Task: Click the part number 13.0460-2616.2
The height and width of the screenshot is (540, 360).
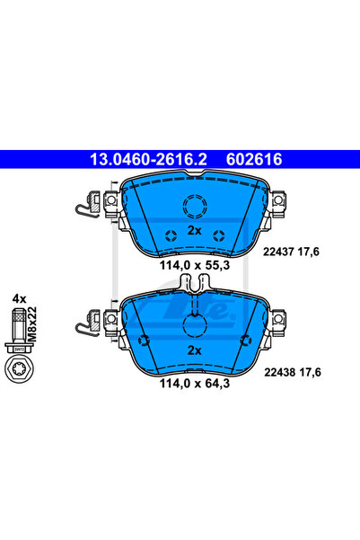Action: pos(148,159)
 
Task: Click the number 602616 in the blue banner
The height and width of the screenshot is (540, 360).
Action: pos(254,159)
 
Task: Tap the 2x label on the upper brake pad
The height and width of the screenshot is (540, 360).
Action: pos(195,230)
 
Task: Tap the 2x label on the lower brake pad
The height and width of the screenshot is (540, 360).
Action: pos(195,350)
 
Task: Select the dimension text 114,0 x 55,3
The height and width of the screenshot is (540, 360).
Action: pos(195,266)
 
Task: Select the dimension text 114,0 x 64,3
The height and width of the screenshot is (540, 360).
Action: pos(195,384)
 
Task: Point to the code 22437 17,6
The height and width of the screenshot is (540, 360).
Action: pos(291,252)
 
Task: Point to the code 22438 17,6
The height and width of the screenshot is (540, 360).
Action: pos(293,372)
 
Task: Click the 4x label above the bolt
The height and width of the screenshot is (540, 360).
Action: pos(19,298)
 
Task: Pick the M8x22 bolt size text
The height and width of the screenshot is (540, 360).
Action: pos(31,323)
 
